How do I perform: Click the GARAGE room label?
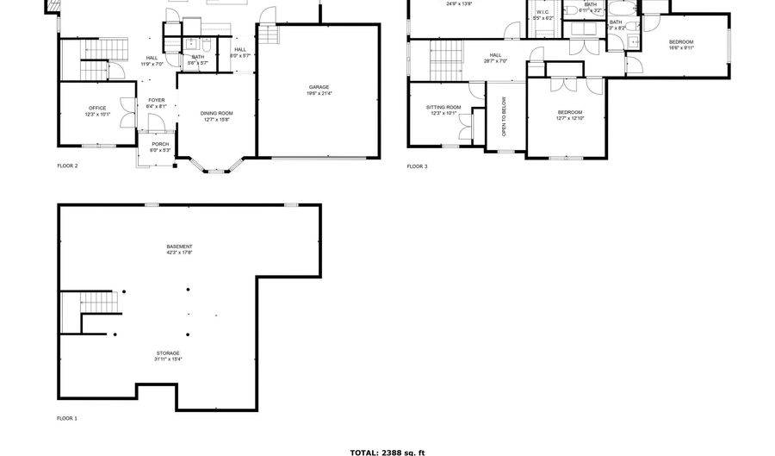319,86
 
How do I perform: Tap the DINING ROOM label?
217,113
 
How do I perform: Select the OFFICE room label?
97,108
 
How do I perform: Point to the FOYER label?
156,100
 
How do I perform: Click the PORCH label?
160,144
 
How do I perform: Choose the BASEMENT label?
179,247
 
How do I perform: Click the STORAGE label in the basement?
168,353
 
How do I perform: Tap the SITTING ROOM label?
443,107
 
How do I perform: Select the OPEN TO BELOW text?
504,116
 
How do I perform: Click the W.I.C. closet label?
543,12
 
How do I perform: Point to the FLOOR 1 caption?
67,418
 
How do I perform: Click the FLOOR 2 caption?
67,166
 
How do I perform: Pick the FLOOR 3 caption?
417,166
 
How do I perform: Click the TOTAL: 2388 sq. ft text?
387,452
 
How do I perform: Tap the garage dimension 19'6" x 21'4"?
319,92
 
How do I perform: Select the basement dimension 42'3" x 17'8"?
179,253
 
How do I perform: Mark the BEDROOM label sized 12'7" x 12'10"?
569,112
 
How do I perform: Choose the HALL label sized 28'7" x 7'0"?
495,55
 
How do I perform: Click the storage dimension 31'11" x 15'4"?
168,359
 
